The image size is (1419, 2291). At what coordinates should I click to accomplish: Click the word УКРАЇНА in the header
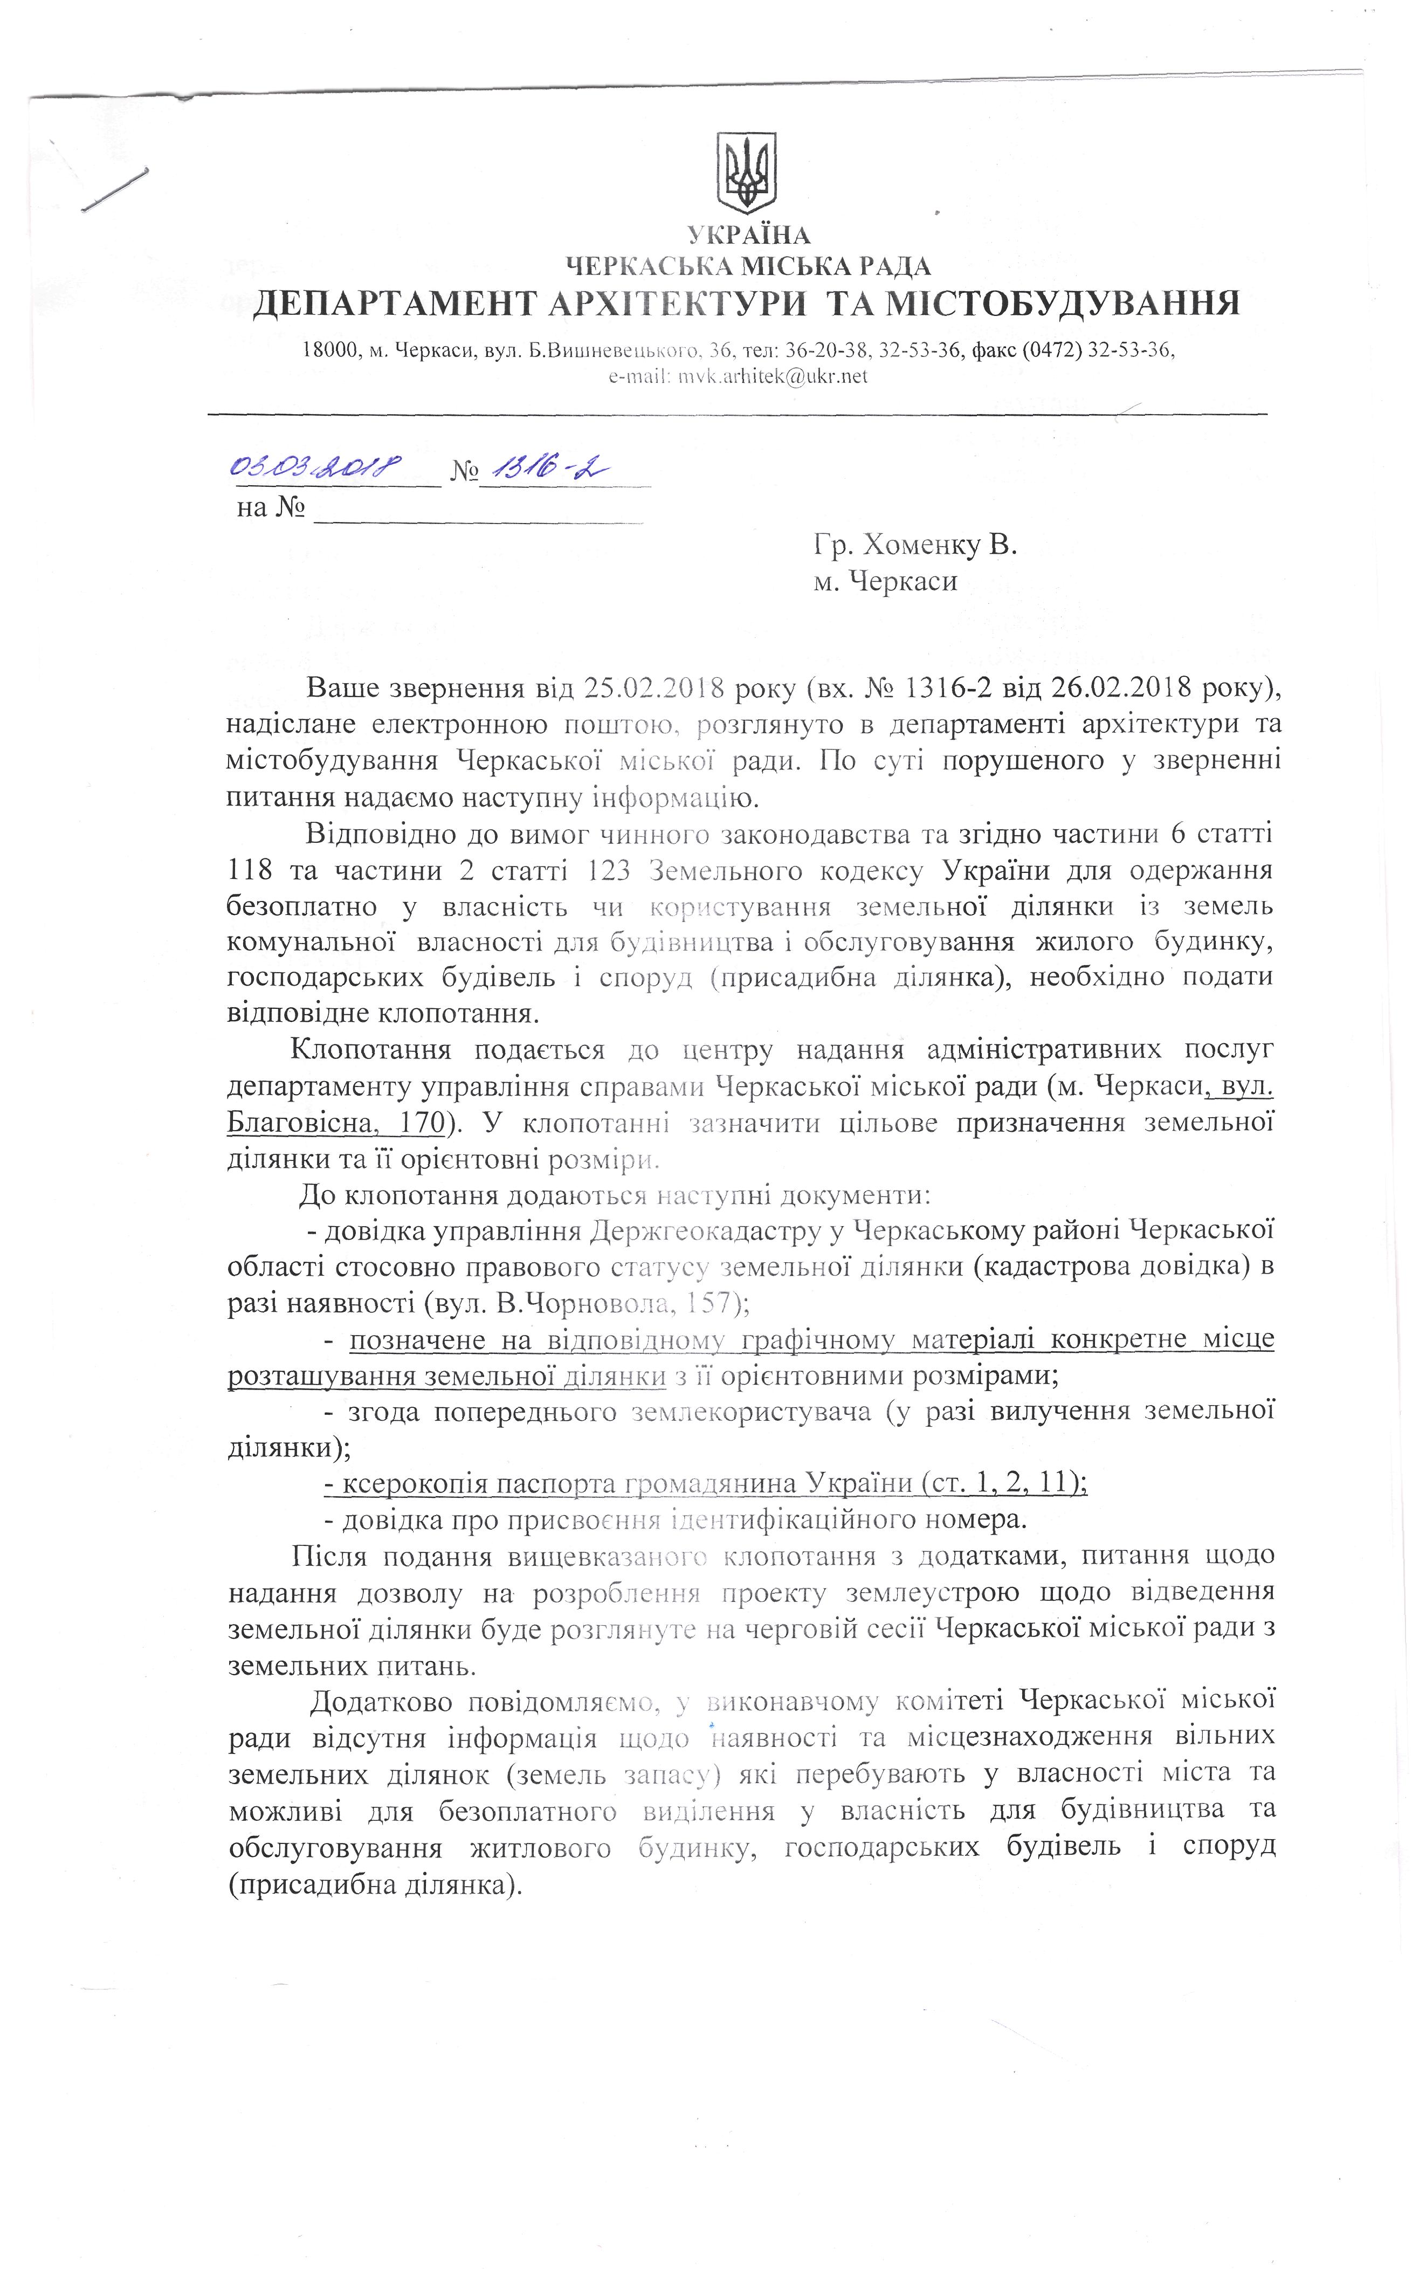pos(748,235)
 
